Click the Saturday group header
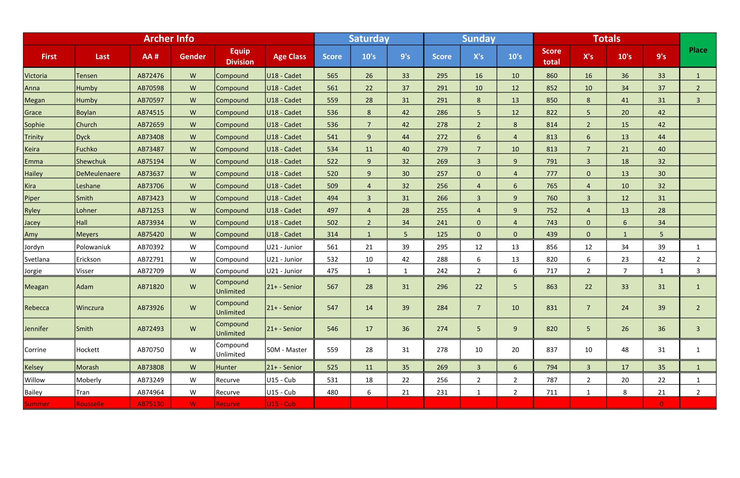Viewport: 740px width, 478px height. pos(369,38)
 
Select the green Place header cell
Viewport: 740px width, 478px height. pos(698,50)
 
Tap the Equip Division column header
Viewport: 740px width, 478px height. pos(240,56)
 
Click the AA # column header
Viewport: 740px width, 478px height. pos(150,57)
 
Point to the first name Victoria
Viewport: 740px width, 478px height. pos(36,76)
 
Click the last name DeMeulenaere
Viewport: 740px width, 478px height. pos(98,173)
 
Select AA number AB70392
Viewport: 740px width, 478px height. pos(150,247)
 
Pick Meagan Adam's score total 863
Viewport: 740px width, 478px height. pos(552,287)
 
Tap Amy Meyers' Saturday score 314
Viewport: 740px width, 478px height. pos(332,234)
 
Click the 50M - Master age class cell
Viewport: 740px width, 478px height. pos(286,350)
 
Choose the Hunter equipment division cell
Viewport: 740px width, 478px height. pos(226,367)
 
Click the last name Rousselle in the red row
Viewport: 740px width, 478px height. pos(90,404)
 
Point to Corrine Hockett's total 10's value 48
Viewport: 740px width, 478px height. pos(625,350)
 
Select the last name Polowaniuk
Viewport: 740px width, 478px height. pos(93,247)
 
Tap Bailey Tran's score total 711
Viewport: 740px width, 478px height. pos(552,392)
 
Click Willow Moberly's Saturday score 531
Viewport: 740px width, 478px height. pos(332,380)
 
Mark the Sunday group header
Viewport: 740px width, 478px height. pos(478,38)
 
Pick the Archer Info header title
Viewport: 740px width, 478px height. pos(169,38)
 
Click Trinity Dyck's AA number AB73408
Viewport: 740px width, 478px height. pos(150,137)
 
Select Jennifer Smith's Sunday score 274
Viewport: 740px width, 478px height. pos(442,329)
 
